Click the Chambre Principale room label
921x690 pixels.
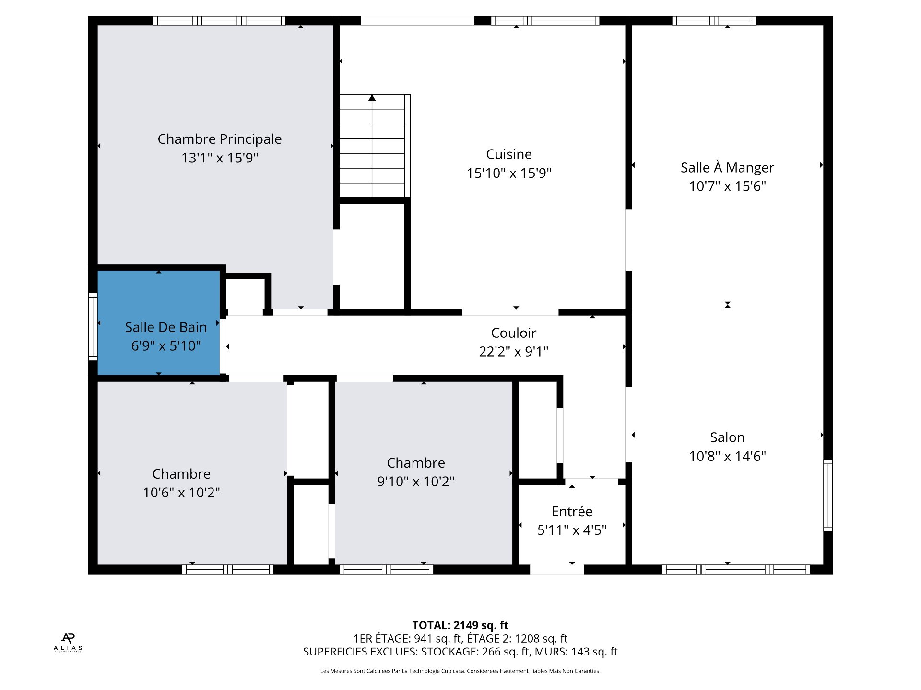(x=220, y=139)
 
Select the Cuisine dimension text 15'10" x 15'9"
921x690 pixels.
(x=509, y=173)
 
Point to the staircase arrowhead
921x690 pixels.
(x=372, y=98)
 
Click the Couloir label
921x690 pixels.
(x=513, y=333)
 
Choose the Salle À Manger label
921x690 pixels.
(x=727, y=167)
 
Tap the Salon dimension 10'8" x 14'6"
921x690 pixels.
(x=727, y=456)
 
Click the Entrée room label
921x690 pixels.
(x=572, y=511)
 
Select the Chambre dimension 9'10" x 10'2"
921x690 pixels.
(x=416, y=481)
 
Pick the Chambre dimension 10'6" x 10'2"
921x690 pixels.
(x=181, y=492)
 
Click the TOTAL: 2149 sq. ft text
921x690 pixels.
(x=460, y=625)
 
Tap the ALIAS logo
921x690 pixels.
(x=68, y=643)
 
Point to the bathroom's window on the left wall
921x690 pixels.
(x=93, y=327)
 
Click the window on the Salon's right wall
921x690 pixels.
(x=828, y=495)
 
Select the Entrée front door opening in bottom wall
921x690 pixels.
(x=556, y=569)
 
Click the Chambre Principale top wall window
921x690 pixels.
(x=219, y=21)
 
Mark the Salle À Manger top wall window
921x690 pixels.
(x=714, y=21)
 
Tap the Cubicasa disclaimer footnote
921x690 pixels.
(x=460, y=671)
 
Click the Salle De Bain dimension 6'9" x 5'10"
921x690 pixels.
(x=166, y=345)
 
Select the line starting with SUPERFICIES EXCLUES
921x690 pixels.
(x=460, y=652)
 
